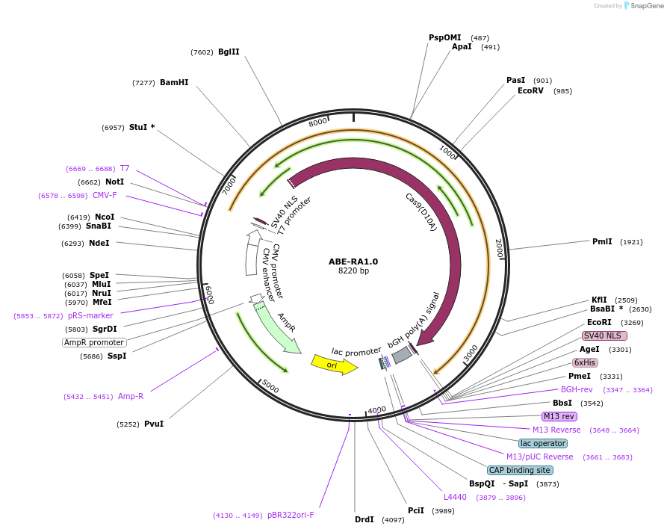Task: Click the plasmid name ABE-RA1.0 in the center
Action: point(353,262)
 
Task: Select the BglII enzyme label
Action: point(229,52)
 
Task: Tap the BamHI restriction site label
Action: point(174,82)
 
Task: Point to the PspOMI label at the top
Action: point(444,37)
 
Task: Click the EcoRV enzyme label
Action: point(530,90)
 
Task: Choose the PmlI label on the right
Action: point(602,241)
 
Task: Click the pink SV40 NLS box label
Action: point(604,335)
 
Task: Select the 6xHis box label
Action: point(585,362)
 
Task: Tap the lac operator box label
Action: point(543,443)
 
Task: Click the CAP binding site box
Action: point(520,470)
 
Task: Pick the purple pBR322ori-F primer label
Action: point(291,515)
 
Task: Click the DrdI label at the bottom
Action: point(364,519)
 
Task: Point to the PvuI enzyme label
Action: point(154,424)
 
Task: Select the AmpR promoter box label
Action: point(94,342)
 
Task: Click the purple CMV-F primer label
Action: point(105,195)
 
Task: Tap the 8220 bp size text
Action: point(353,271)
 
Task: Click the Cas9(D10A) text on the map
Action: point(421,211)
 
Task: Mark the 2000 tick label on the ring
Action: point(499,248)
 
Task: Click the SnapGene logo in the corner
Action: point(643,5)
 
